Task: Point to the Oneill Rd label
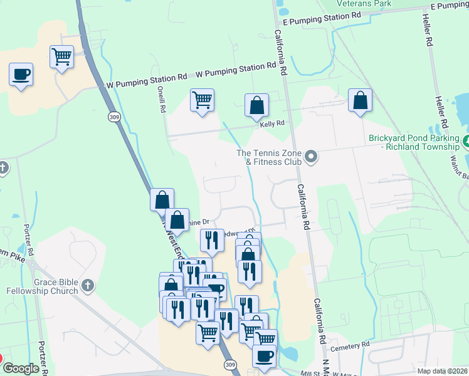click(162, 100)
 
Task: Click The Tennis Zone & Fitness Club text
click(269, 157)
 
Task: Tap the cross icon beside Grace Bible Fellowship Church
click(88, 285)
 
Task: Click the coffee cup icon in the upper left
click(21, 75)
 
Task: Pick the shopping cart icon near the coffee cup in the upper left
click(62, 56)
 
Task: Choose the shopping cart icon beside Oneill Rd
click(202, 100)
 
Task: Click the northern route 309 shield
click(113, 117)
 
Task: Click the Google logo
click(21, 368)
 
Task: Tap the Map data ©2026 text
click(442, 371)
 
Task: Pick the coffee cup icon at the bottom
click(264, 356)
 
